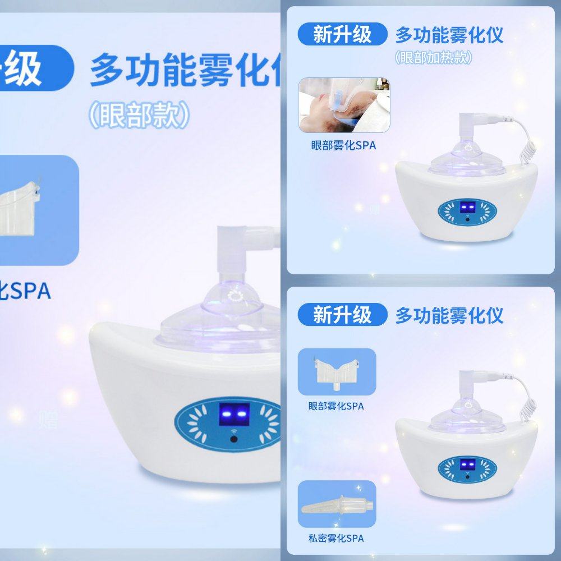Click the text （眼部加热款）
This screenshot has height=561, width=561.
tap(433, 57)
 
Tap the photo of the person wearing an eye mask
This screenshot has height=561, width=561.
tap(344, 105)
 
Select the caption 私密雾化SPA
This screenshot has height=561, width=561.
tap(336, 538)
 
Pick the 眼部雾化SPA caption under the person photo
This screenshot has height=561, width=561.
tap(343, 145)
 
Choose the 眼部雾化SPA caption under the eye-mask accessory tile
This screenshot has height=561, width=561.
tap(336, 406)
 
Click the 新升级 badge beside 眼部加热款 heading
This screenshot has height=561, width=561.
tap(342, 35)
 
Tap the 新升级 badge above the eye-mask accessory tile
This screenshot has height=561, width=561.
tap(342, 315)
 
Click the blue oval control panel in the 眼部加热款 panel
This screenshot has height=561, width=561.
tap(467, 210)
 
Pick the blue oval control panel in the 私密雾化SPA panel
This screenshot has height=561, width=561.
tap(467, 468)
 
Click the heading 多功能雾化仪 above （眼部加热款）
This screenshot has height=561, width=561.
tap(449, 35)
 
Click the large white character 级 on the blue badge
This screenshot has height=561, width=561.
tap(24, 68)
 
